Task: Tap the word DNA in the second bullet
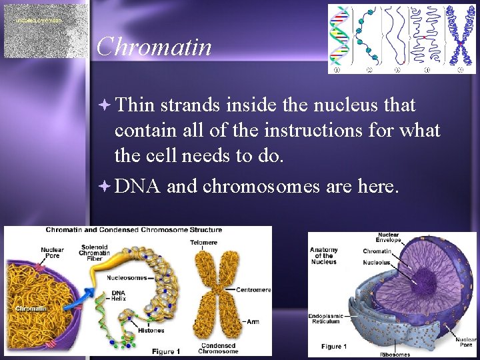coord(137,187)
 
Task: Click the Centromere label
coord(253,290)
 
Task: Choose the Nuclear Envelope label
coord(389,237)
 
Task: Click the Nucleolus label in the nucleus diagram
coord(377,263)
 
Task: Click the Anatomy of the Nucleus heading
coord(324,256)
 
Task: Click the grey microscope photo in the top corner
coord(45,30)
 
